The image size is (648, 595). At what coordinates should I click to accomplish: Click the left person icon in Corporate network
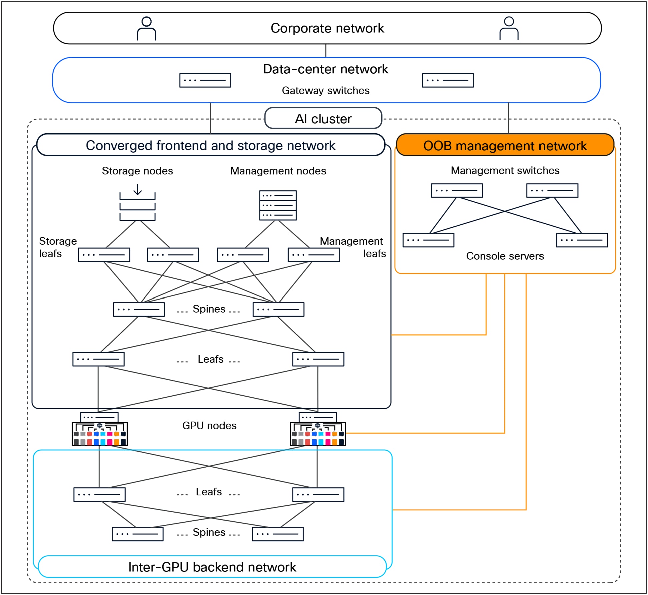coord(146,29)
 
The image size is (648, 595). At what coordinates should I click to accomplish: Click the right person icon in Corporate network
coord(509,29)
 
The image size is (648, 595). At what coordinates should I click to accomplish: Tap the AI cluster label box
coord(323,118)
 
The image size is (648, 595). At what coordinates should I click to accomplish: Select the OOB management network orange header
coord(505,145)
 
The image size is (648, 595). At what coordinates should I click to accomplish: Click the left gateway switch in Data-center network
coord(205,80)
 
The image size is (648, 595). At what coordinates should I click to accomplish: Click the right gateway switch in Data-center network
coord(448,80)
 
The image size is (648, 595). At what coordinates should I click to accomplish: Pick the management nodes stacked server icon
coord(278,205)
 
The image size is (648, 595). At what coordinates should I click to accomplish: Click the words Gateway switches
coord(326,91)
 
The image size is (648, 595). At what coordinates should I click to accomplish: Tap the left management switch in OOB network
coord(457,191)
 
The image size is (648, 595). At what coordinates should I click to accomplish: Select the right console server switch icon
coord(582,240)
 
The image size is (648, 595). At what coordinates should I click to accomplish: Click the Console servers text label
coord(505,256)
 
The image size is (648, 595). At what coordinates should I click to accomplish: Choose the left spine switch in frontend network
coord(139,309)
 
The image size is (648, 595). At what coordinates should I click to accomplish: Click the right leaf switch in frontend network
coord(318,359)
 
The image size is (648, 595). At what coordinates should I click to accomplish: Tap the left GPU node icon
coord(99,430)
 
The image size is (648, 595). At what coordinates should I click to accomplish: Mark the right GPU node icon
coord(317,430)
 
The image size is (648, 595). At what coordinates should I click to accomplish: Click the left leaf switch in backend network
coord(99,495)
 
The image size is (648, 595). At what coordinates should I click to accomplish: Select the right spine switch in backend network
coord(278,534)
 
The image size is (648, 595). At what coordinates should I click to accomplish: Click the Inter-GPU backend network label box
coord(212,567)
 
